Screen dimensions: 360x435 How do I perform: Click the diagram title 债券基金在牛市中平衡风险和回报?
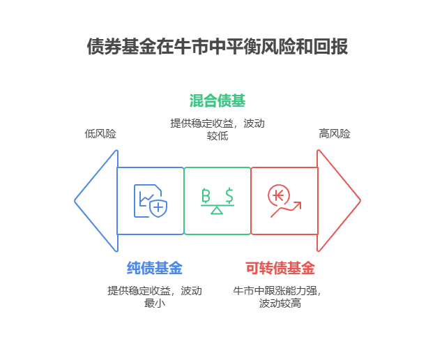click(x=217, y=47)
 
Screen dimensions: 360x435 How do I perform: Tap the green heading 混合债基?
click(x=217, y=100)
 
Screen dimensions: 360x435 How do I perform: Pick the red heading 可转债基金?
click(x=280, y=268)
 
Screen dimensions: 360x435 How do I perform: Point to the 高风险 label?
click(x=335, y=133)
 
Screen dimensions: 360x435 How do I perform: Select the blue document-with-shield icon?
click(x=151, y=201)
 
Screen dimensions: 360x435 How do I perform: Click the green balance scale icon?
click(x=217, y=201)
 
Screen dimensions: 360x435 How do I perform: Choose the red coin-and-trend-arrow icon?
click(x=284, y=201)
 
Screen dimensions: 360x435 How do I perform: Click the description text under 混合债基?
click(x=217, y=129)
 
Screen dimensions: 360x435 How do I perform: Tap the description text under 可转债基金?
click(x=280, y=297)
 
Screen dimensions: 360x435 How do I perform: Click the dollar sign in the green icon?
click(x=229, y=195)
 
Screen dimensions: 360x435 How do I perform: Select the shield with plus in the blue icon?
click(x=159, y=207)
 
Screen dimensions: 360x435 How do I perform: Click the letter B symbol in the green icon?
click(x=206, y=195)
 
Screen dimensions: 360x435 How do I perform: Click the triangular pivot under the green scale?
click(x=217, y=210)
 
